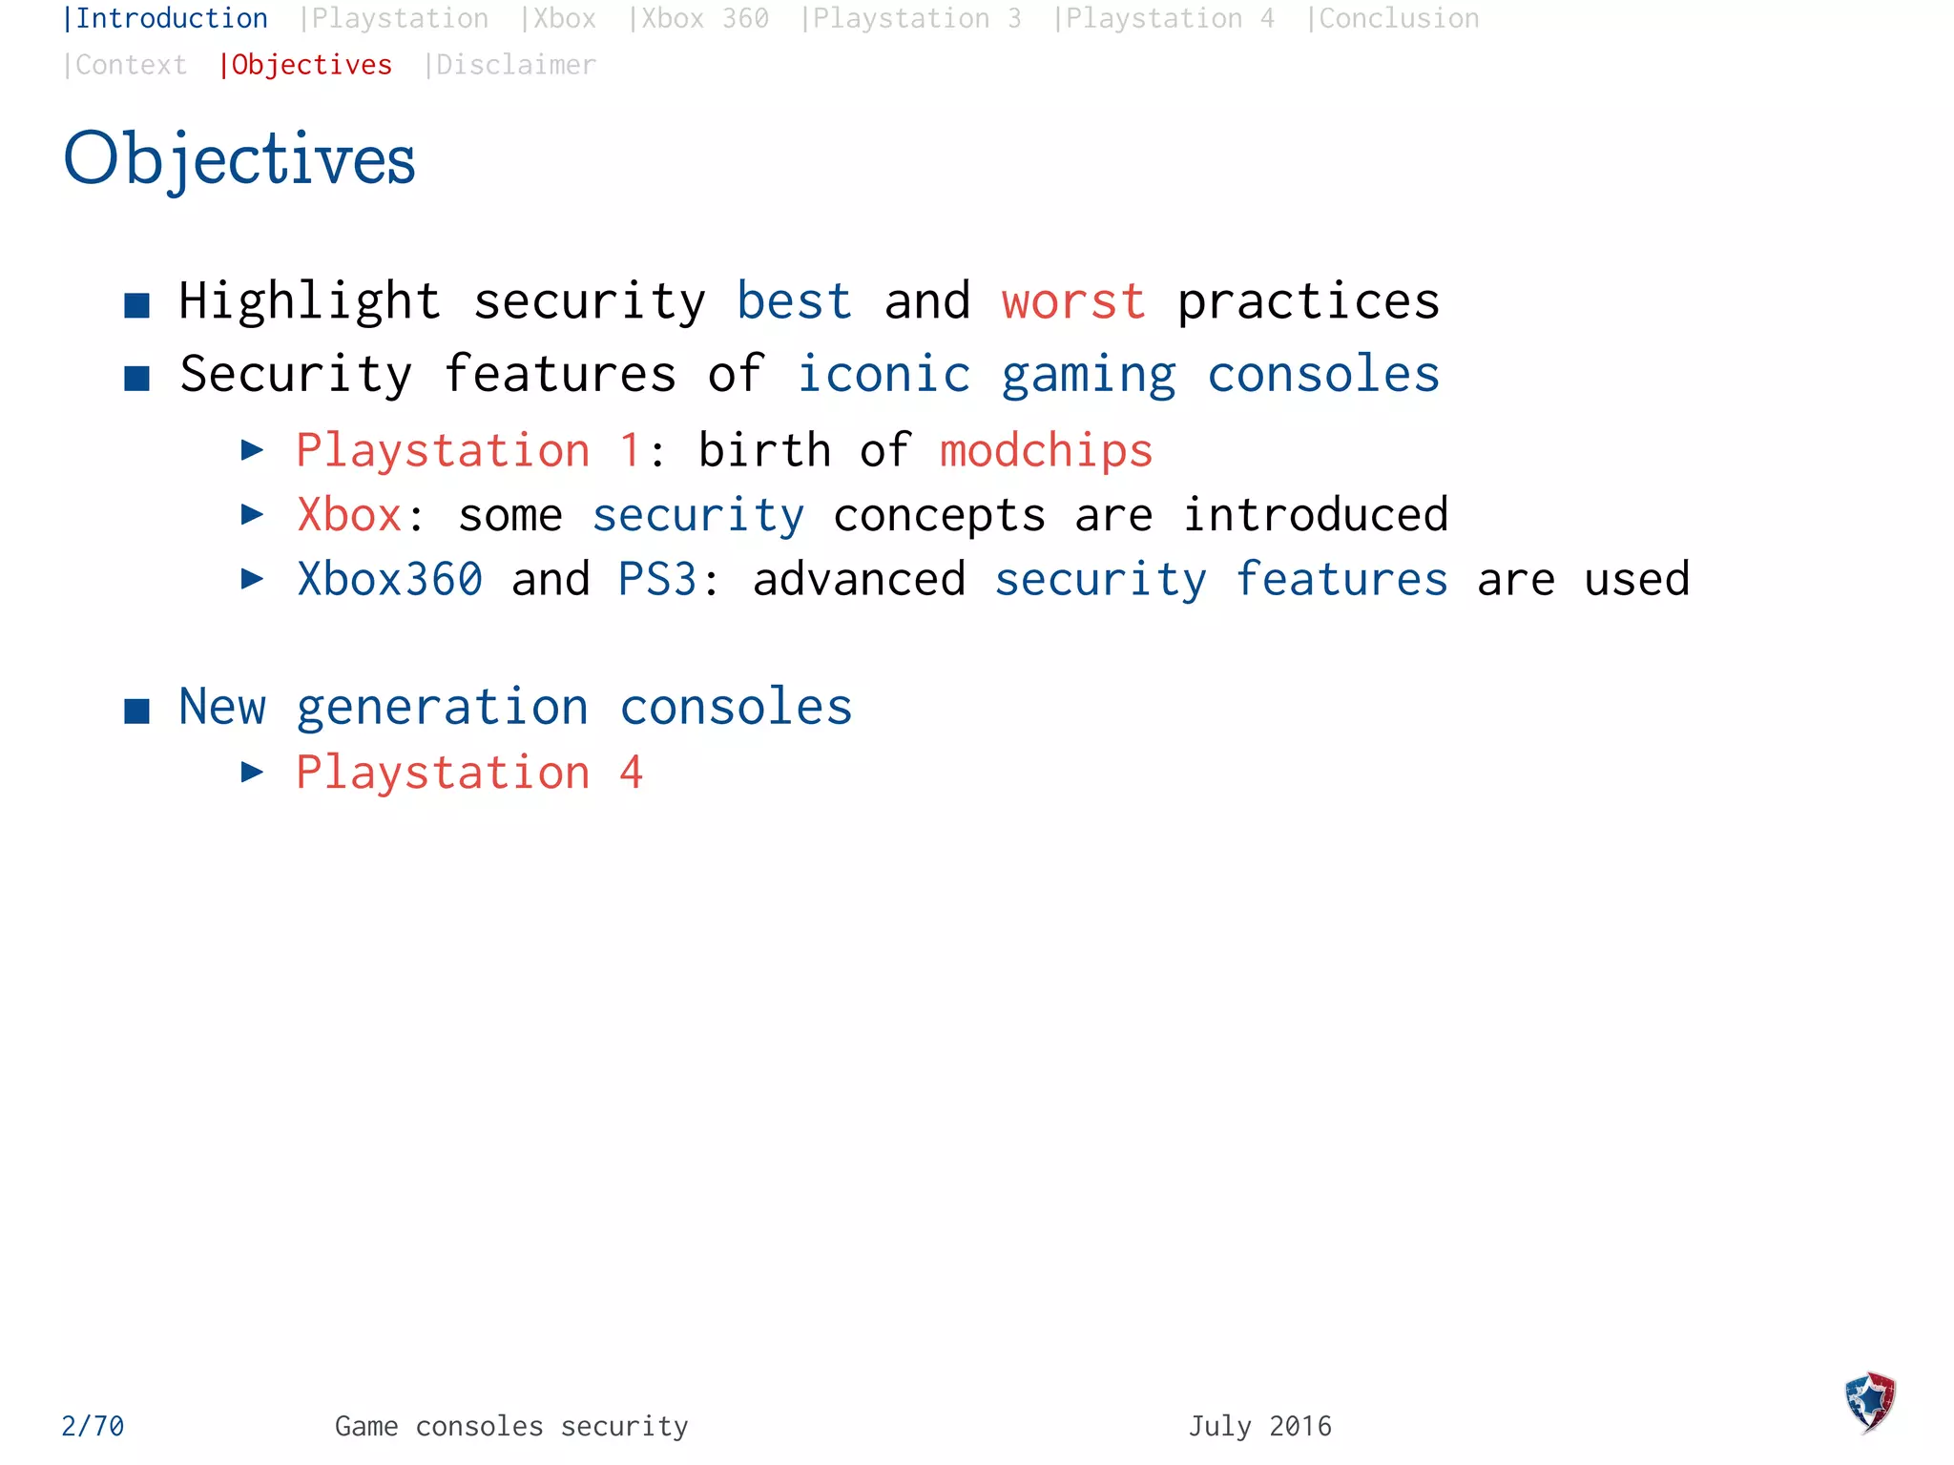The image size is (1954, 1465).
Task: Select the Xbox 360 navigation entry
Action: (699, 19)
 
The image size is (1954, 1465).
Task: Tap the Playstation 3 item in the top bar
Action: (912, 19)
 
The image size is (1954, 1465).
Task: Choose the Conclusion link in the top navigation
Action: (1394, 19)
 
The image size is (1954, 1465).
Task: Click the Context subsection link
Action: (126, 65)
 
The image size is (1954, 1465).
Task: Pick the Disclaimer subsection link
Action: (511, 65)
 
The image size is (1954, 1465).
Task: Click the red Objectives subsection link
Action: (307, 65)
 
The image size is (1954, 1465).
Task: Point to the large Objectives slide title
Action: (239, 158)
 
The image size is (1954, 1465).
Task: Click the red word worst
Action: (1073, 302)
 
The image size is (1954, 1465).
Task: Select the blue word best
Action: (794, 302)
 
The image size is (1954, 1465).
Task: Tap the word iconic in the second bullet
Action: (883, 374)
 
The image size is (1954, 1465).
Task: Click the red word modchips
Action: (1046, 450)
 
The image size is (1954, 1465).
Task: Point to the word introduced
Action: (1316, 515)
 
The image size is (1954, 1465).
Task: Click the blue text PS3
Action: (657, 579)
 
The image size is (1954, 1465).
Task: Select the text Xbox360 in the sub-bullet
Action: (390, 579)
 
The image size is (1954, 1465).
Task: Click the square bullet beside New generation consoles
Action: (137, 711)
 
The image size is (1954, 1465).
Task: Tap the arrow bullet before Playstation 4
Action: (252, 772)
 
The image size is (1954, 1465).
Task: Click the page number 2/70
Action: (93, 1426)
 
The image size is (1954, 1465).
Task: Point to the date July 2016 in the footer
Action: (1259, 1426)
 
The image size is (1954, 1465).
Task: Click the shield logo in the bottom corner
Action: (1870, 1402)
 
